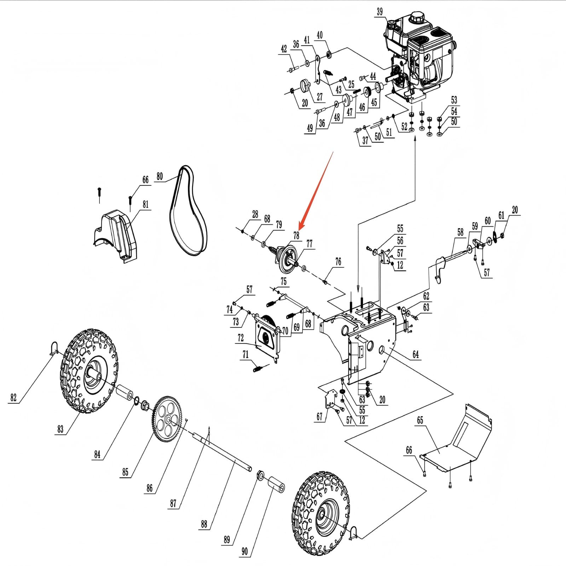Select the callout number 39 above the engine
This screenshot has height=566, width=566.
click(379, 12)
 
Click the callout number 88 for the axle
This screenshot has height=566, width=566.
click(204, 524)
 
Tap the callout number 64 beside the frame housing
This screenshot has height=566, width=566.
click(415, 354)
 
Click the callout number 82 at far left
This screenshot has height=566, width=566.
click(13, 397)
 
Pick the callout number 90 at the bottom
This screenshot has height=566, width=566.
click(244, 551)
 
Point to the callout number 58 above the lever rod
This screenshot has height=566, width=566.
click(460, 232)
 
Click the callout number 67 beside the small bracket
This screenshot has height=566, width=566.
click(319, 416)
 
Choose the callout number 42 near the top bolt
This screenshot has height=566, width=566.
click(284, 49)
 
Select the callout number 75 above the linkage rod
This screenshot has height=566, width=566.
click(283, 281)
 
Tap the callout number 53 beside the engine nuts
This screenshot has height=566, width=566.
click(454, 100)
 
